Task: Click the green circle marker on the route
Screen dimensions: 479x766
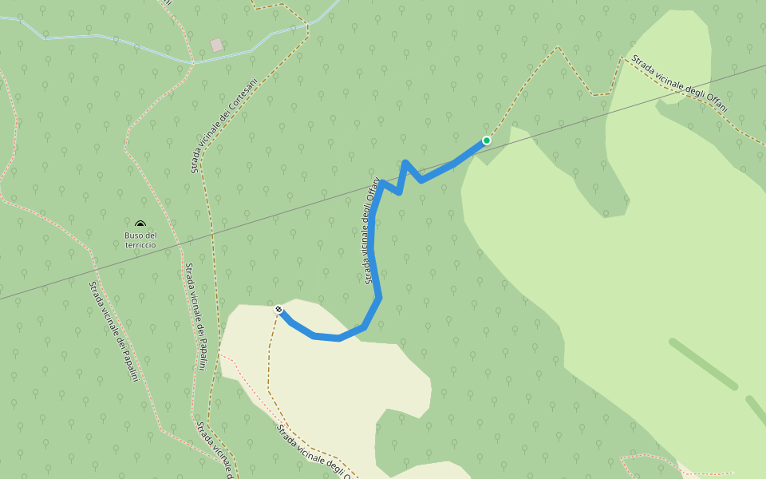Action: tap(487, 141)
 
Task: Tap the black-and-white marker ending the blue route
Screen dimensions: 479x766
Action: tap(278, 310)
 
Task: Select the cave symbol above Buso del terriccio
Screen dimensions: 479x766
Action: tap(140, 225)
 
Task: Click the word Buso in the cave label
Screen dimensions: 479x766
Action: tap(133, 236)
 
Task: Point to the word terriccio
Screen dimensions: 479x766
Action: tap(140, 245)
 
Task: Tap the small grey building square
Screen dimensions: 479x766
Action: tap(216, 45)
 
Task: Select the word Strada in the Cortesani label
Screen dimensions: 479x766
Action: tap(195, 162)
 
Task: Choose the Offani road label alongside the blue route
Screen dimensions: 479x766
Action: tap(370, 232)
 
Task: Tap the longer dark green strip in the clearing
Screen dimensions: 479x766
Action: tap(702, 364)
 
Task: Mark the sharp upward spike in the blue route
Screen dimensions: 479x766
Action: tap(405, 164)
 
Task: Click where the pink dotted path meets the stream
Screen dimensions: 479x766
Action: tap(191, 61)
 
